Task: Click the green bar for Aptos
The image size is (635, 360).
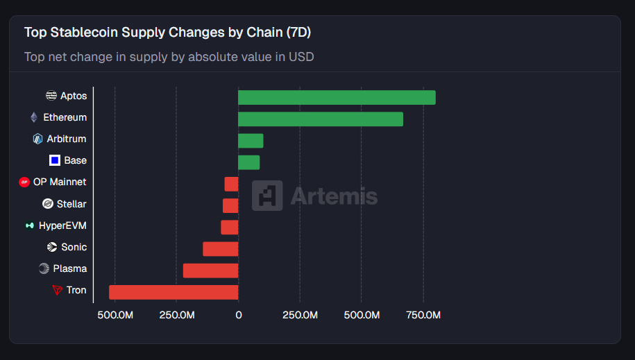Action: pos(337,97)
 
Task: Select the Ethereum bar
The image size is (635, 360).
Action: pos(321,119)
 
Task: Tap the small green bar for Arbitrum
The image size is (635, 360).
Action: pos(251,141)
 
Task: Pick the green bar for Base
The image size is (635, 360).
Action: pos(248,162)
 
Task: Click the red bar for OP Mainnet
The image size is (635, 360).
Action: pos(232,184)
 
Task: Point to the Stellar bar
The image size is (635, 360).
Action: pos(230,205)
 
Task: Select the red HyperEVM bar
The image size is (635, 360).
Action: pos(230,227)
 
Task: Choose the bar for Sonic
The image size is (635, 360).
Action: pos(221,248)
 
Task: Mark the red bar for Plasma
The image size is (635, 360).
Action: pos(210,270)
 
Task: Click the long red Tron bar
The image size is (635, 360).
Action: pos(173,291)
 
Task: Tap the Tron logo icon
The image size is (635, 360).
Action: pos(58,290)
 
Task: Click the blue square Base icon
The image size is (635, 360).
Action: pos(55,160)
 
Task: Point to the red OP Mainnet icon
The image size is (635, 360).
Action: pos(24,182)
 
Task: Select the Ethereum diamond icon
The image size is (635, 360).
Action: pos(34,117)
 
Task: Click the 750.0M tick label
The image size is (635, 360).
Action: pos(423,315)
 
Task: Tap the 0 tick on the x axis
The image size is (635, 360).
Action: pos(238,315)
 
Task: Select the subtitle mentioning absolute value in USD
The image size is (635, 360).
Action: pos(169,56)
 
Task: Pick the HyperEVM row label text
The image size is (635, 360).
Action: pos(62,225)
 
